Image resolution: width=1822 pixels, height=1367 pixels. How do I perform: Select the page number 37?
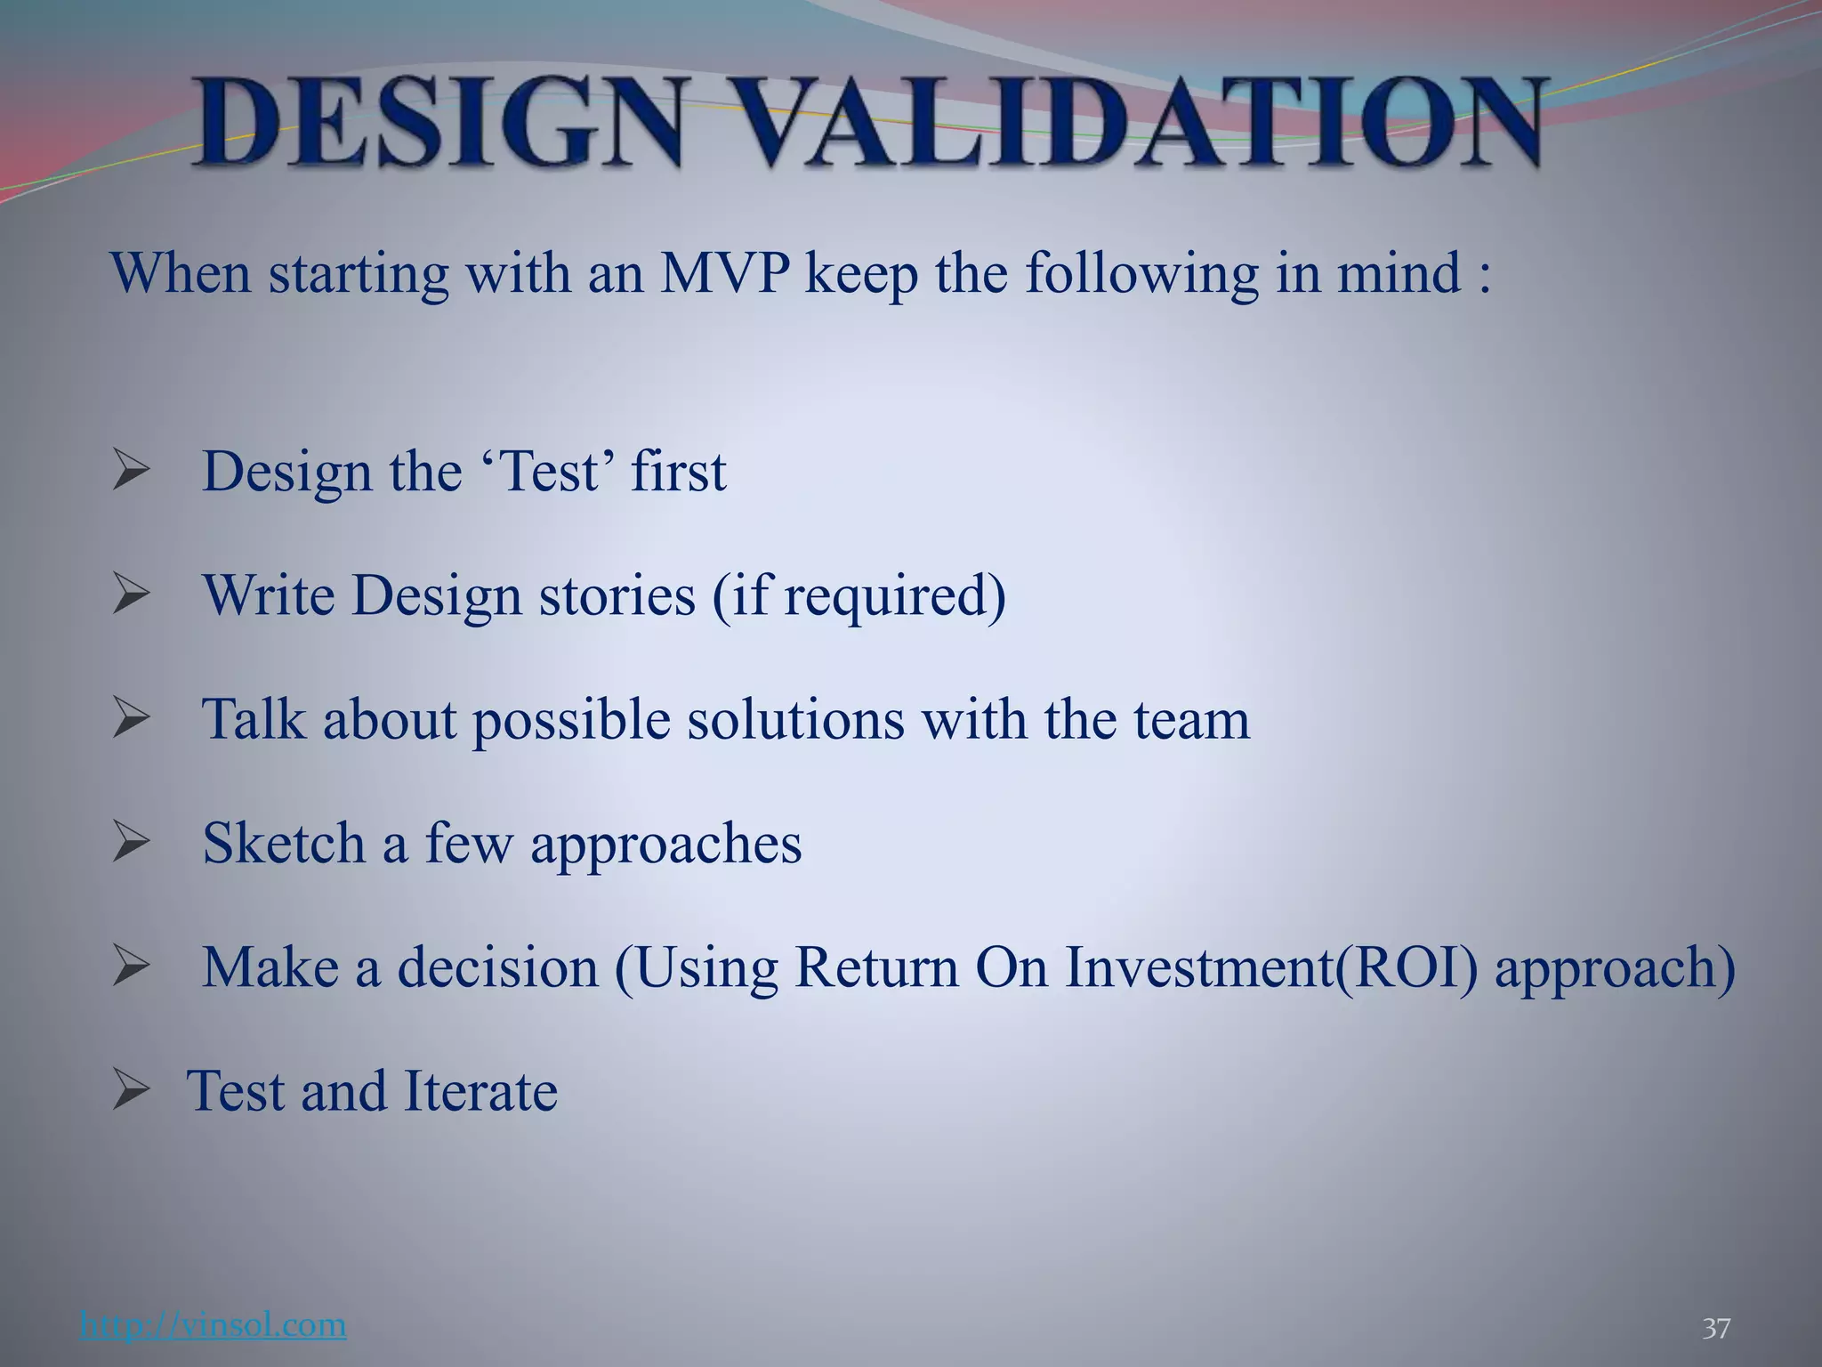pos(1716,1329)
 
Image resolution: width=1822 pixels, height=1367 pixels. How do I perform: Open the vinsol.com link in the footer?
pos(213,1325)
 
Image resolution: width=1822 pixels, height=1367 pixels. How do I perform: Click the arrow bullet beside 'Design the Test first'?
pos(132,472)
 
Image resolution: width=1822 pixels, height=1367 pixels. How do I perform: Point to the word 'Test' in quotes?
pos(550,472)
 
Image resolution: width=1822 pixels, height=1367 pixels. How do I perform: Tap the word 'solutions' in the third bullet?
pos(795,719)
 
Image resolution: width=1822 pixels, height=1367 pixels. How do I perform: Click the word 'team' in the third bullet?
pos(1191,719)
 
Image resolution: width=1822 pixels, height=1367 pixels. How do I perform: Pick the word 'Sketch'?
pos(284,843)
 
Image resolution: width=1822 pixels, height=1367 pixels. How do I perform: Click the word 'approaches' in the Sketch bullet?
pos(666,843)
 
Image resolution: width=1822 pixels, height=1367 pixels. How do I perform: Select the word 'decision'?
pos(498,967)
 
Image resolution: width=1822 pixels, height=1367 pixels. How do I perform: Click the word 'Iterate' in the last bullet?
pos(480,1091)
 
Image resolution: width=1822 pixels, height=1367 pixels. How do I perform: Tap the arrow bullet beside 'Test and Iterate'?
pos(132,1091)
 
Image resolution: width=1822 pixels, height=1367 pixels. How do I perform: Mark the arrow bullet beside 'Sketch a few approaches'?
pos(132,843)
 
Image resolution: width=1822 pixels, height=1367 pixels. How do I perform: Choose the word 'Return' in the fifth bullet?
pos(876,967)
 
